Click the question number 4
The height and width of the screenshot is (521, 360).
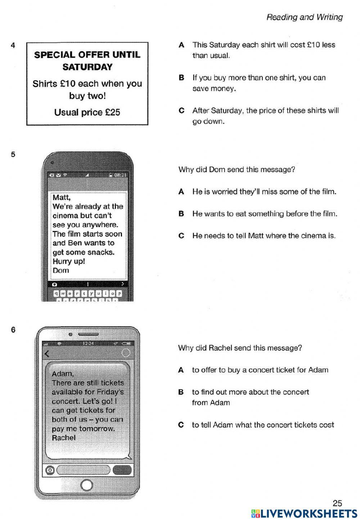tap(13, 45)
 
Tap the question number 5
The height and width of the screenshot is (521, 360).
tap(13, 155)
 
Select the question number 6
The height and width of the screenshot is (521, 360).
tap(13, 330)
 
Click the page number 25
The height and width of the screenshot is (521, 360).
tap(337, 503)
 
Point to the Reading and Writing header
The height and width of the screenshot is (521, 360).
tap(304, 17)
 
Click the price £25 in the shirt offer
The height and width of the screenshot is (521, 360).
tap(112, 112)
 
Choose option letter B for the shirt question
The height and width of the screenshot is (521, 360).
tap(181, 78)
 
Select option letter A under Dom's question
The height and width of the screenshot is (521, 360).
tap(181, 192)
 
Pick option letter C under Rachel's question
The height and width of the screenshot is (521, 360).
tap(181, 425)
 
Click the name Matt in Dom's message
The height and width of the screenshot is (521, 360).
tap(61, 197)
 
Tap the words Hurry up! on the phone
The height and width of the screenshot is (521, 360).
tap(68, 261)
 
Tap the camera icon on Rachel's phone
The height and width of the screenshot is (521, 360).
tap(50, 470)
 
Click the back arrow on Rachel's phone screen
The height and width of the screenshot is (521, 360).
tap(46, 353)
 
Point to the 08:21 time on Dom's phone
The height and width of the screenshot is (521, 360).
tap(120, 175)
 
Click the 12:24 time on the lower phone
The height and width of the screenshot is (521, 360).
tap(88, 343)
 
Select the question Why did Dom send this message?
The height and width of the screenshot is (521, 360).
tap(237, 170)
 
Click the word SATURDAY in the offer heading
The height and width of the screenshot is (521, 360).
tap(87, 67)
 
